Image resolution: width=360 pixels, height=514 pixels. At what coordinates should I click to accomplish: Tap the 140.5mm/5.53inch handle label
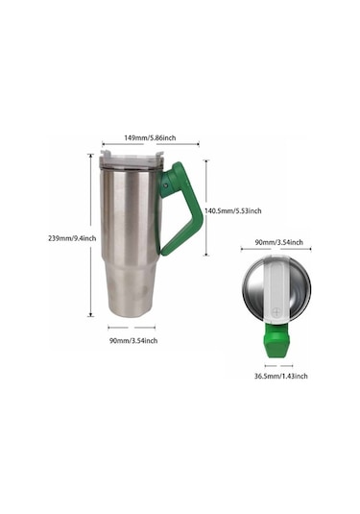click(x=236, y=210)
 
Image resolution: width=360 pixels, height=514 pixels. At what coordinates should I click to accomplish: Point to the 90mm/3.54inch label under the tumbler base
click(x=132, y=340)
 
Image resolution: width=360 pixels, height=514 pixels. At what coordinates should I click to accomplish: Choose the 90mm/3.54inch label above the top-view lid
click(x=278, y=242)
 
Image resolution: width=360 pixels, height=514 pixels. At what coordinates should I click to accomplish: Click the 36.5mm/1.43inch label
click(x=280, y=376)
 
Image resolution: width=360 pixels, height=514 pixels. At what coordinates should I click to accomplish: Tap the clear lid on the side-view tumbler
click(x=129, y=159)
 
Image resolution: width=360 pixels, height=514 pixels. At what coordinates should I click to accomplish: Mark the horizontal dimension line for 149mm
click(x=151, y=148)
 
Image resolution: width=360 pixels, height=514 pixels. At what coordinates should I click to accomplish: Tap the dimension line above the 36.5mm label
click(x=279, y=365)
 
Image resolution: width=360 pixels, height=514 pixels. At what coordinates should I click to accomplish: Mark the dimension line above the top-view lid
click(x=278, y=252)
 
